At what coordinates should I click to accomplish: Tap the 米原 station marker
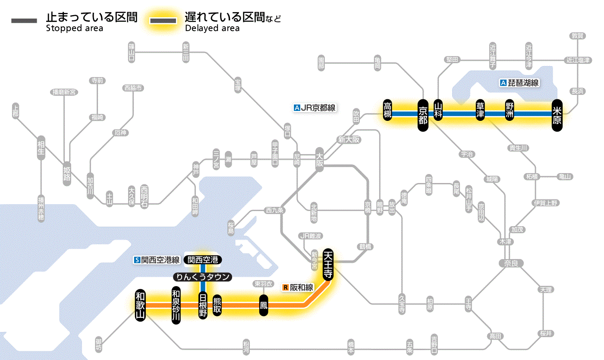click(x=557, y=114)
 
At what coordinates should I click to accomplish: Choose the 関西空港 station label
click(x=203, y=260)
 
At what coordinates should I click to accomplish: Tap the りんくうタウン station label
click(x=202, y=277)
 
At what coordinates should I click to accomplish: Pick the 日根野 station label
click(x=202, y=305)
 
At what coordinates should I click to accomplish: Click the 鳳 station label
click(x=264, y=305)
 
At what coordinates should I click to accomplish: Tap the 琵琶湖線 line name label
click(x=519, y=83)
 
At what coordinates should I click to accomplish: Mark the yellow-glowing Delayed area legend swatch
click(x=163, y=21)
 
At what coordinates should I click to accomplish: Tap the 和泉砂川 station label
click(x=176, y=305)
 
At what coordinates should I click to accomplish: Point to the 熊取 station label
click(x=217, y=305)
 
